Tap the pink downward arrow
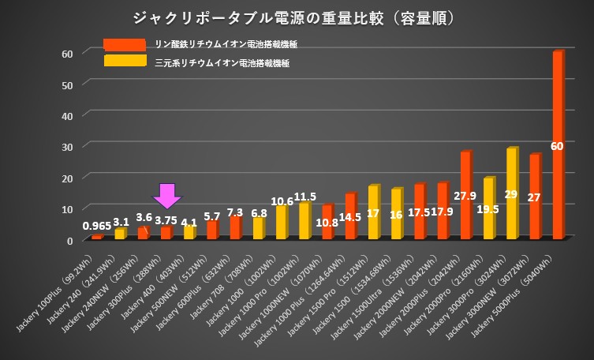click(x=166, y=196)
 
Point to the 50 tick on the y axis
click(x=68, y=84)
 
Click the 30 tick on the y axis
click(x=68, y=147)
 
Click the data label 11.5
click(x=304, y=197)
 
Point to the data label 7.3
click(x=236, y=213)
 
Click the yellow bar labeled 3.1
click(x=119, y=234)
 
